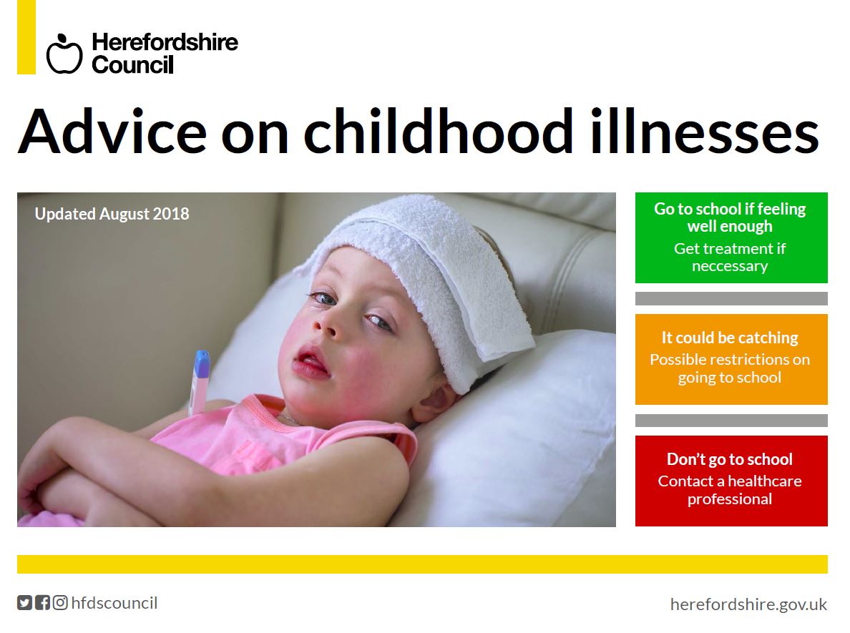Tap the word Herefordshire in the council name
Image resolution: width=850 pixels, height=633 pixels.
point(165,41)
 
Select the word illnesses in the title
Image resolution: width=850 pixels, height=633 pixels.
point(704,132)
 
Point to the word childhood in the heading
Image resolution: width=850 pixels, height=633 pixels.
point(438,132)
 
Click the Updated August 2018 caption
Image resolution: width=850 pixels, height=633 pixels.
point(112,215)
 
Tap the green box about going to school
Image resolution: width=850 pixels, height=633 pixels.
point(731,237)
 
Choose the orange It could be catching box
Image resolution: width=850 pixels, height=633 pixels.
point(731,359)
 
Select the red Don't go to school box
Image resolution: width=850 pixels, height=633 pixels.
point(731,481)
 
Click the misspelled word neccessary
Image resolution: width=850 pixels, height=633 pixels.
point(731,267)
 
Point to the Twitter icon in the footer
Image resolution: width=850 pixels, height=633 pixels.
point(24,603)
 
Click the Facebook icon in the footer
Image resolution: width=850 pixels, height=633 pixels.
point(42,603)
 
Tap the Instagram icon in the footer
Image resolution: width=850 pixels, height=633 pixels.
point(60,603)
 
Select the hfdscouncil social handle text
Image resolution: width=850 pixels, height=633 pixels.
point(114,603)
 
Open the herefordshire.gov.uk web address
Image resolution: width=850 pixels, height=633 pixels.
point(748,604)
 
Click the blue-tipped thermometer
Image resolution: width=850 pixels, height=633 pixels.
point(199,382)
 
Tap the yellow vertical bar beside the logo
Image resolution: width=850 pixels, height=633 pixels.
point(26,37)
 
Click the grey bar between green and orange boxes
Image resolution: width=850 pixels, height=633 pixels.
point(731,298)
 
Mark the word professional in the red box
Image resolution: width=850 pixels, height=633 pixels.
point(730,500)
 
